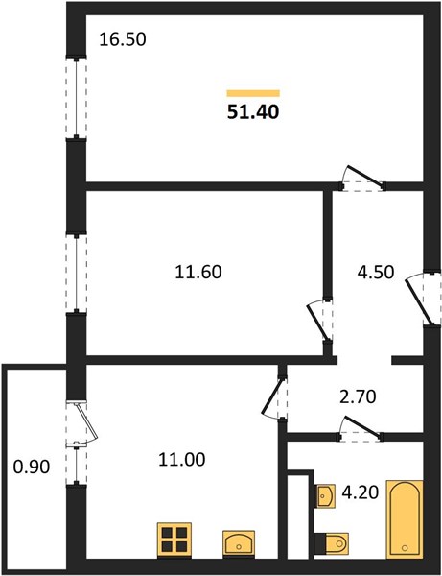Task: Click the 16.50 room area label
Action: pyautogui.click(x=123, y=39)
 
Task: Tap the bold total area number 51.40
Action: pyautogui.click(x=253, y=111)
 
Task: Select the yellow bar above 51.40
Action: pyautogui.click(x=253, y=93)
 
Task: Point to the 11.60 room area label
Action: pyautogui.click(x=198, y=273)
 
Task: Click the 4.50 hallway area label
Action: pyautogui.click(x=376, y=273)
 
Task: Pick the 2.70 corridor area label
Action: pyautogui.click(x=358, y=396)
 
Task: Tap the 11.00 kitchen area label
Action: pyautogui.click(x=181, y=460)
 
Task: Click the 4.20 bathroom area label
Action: pyautogui.click(x=360, y=492)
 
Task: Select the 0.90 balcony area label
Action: pyautogui.click(x=32, y=468)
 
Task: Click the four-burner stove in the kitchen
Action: pyautogui.click(x=174, y=540)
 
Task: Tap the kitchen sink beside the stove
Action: pyautogui.click(x=239, y=542)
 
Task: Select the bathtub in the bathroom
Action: pyautogui.click(x=405, y=519)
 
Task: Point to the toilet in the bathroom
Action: pyautogui.click(x=332, y=541)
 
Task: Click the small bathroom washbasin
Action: pyautogui.click(x=326, y=496)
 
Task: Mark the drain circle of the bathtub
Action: pyautogui.click(x=405, y=548)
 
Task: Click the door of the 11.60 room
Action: pyautogui.click(x=319, y=322)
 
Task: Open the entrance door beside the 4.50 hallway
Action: pyautogui.click(x=423, y=299)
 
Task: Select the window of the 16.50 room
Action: pyautogui.click(x=77, y=98)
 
